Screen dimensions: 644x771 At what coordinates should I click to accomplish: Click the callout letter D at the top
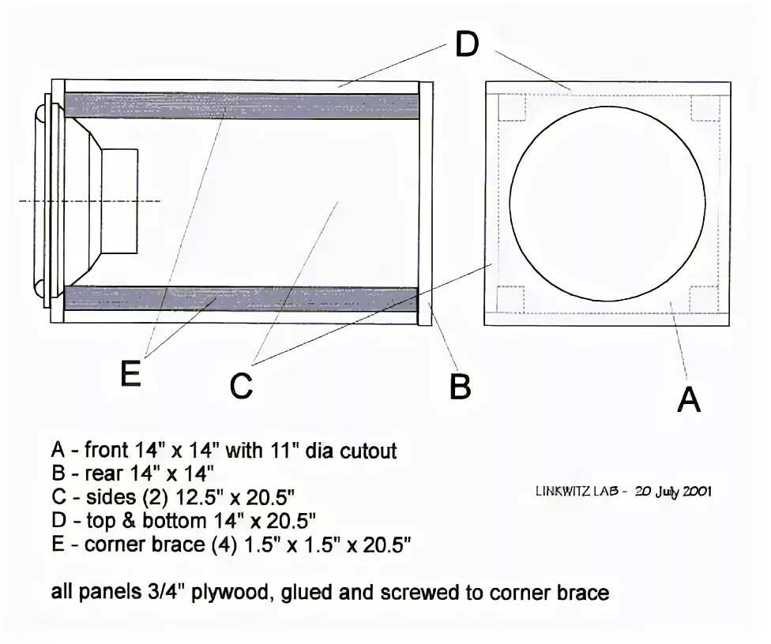(x=467, y=45)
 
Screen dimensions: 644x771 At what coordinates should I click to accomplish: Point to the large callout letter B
(x=461, y=387)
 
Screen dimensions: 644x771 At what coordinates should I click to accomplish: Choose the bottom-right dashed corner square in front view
(x=704, y=299)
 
